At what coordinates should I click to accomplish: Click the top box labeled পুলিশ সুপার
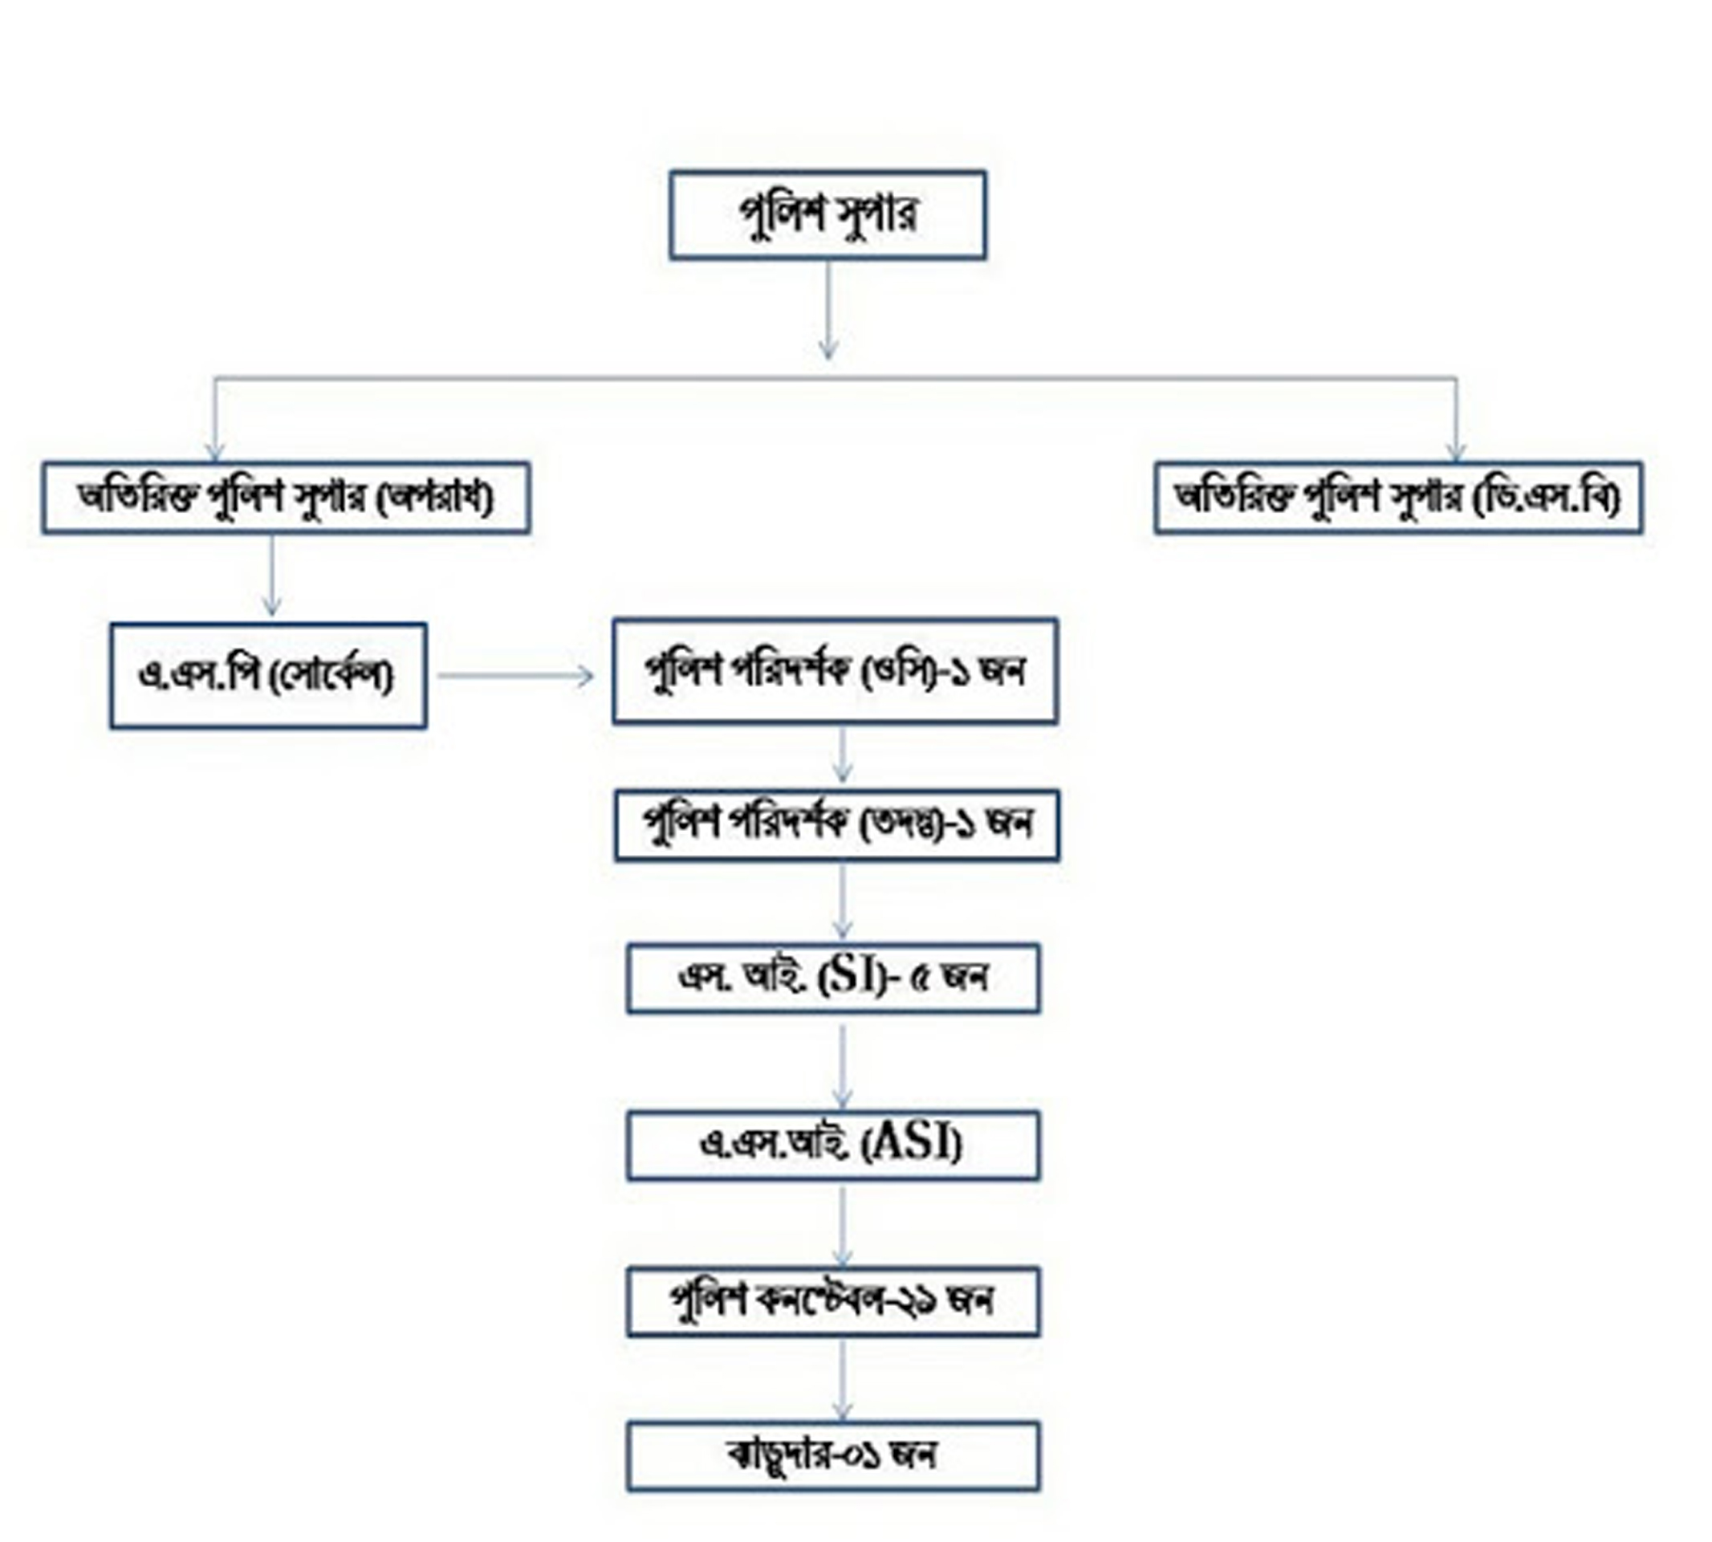coord(827,214)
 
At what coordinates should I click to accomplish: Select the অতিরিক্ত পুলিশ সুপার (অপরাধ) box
coord(286,498)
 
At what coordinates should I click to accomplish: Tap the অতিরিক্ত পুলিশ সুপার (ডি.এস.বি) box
coord(1397,498)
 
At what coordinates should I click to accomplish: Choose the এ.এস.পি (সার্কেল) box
coord(268,675)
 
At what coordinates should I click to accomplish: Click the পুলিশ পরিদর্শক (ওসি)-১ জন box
coord(835,671)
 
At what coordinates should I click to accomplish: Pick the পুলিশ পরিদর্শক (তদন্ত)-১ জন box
coord(836,824)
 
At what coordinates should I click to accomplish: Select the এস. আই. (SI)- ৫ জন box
coord(832,978)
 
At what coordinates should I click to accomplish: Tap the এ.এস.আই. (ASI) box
coord(832,1145)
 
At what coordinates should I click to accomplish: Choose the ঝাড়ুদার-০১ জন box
coord(832,1455)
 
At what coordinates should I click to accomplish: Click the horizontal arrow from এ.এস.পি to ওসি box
coord(515,675)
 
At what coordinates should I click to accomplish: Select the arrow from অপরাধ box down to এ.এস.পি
coord(271,576)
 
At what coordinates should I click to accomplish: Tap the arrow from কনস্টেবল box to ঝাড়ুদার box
coord(841,1381)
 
